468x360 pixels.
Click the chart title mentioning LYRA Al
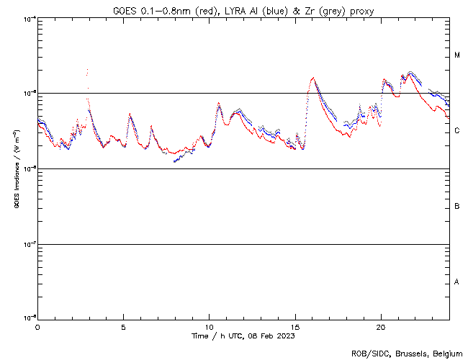(x=243, y=10)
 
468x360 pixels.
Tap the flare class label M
(x=457, y=55)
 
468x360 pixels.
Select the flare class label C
(x=457, y=131)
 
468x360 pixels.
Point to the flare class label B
(x=457, y=207)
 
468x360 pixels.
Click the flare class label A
(x=457, y=282)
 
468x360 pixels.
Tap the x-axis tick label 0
(x=37, y=327)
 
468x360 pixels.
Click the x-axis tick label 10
(x=209, y=327)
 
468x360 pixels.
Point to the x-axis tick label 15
(x=295, y=327)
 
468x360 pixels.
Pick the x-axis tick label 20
(x=381, y=327)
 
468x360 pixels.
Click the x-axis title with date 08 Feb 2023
(x=243, y=336)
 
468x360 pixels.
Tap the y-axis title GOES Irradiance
(x=16, y=169)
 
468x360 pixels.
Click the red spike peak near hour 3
(x=87, y=70)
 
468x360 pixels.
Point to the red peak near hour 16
(x=313, y=78)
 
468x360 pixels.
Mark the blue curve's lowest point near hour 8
(x=174, y=162)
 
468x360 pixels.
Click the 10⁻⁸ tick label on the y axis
(x=27, y=318)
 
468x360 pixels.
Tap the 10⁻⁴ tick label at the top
(x=27, y=19)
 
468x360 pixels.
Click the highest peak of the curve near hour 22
(x=410, y=72)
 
